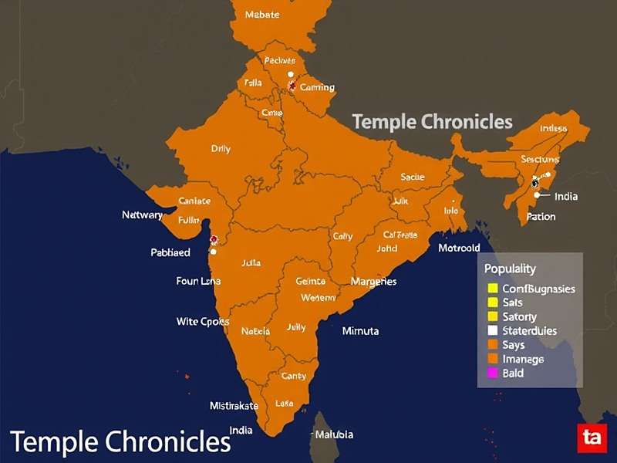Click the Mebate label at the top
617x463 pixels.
pos(261,15)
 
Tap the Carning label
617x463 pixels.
pos(317,87)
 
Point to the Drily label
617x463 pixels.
pos(221,149)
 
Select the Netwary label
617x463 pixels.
pos(142,215)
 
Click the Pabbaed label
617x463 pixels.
pos(170,252)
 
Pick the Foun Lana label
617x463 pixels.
pos(198,281)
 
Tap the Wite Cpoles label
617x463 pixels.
pos(203,321)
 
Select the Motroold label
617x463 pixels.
pos(459,248)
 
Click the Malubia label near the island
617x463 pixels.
pos(333,434)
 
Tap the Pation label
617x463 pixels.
pos(541,217)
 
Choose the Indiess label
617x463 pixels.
pos(553,128)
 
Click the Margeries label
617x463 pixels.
pos(373,282)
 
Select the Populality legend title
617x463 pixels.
pos(510,269)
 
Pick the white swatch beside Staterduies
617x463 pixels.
pos(491,331)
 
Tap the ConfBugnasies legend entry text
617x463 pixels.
pos(538,289)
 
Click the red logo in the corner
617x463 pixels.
pos(592,438)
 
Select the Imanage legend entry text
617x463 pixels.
pos(523,359)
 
